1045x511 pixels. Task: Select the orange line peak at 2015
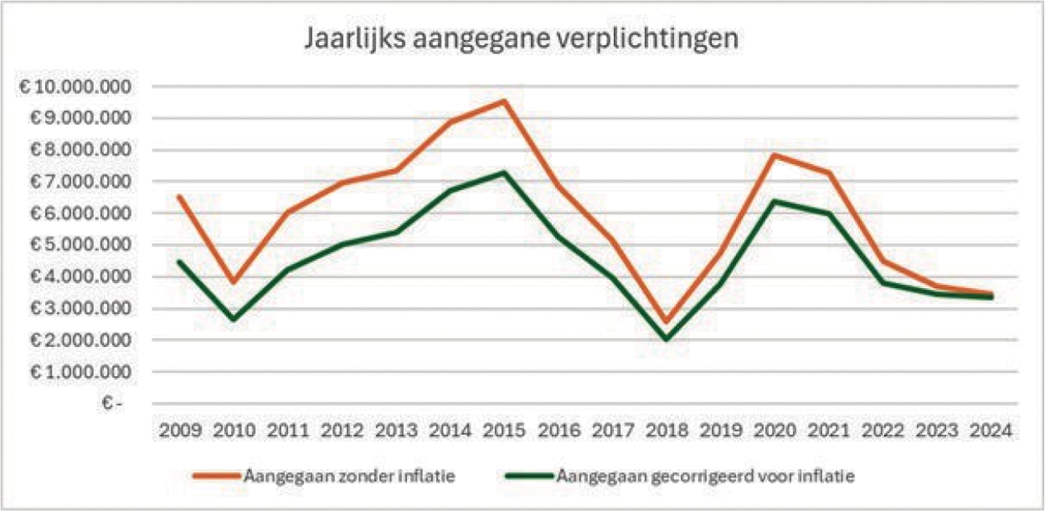503,101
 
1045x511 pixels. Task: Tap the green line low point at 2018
666,339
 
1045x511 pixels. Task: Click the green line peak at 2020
774,201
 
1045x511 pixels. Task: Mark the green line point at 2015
503,172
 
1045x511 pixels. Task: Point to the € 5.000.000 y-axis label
77,245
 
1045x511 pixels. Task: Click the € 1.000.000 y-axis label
77,373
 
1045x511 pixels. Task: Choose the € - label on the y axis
113,404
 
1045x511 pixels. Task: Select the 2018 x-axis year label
666,431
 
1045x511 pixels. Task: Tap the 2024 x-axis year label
991,431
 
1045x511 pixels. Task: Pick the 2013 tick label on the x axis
395,431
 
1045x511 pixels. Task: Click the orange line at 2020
774,155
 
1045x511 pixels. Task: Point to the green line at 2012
340,244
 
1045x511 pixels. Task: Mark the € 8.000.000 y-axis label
77,150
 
